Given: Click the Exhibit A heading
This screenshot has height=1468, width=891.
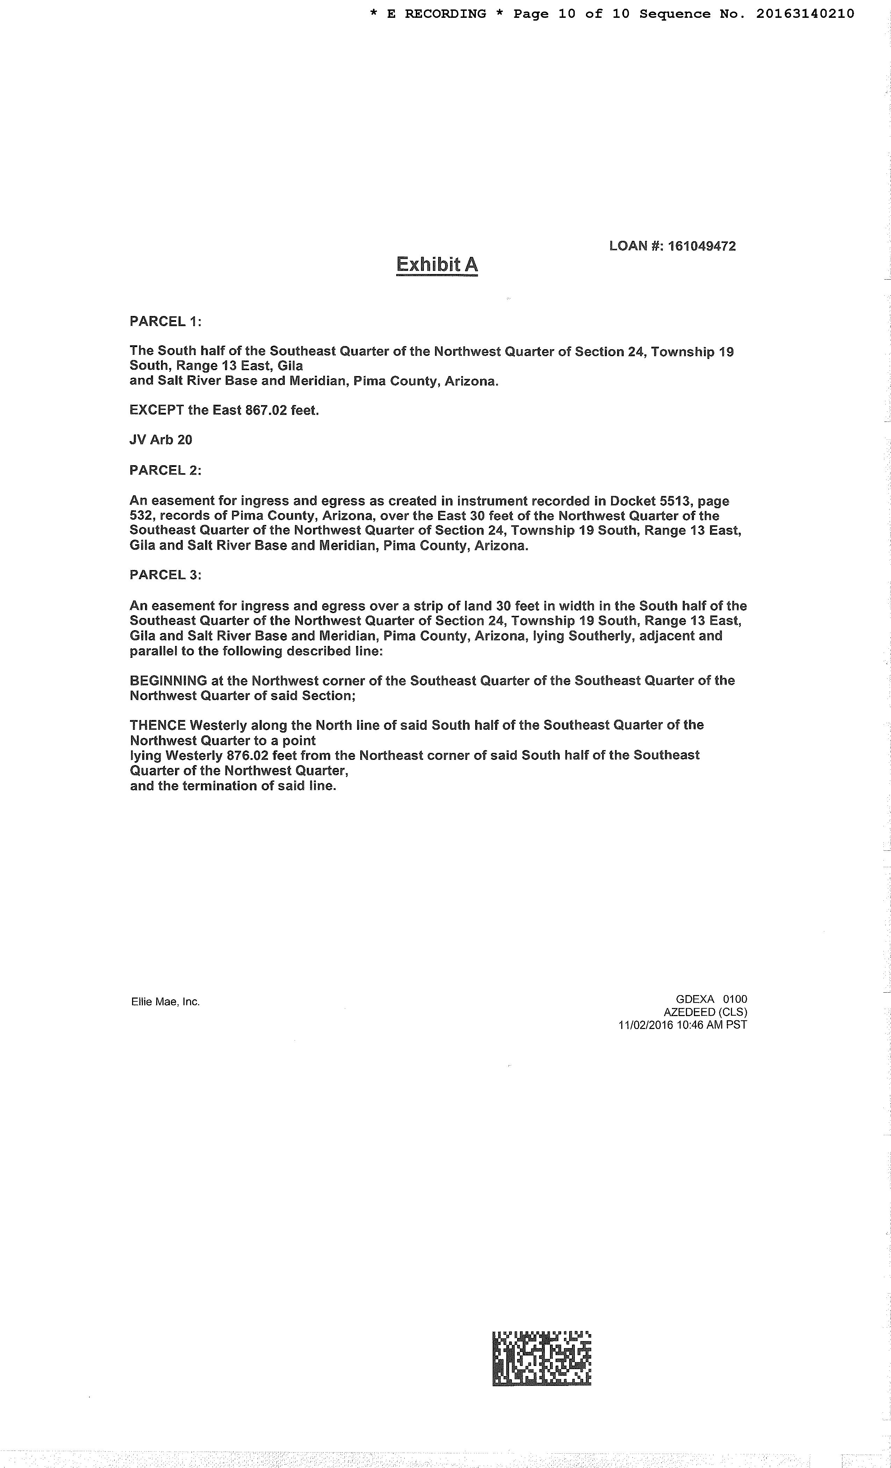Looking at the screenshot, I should pos(437,265).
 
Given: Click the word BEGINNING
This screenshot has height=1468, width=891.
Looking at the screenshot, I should pos(168,681).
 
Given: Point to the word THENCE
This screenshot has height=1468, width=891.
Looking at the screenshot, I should pos(158,725).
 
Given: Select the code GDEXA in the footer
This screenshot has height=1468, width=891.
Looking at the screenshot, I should pos(695,999).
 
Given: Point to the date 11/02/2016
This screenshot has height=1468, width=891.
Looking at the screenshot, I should pos(646,1025).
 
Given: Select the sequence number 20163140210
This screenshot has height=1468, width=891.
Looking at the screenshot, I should pos(805,14).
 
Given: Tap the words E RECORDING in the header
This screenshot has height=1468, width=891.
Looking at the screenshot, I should pos(436,14).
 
